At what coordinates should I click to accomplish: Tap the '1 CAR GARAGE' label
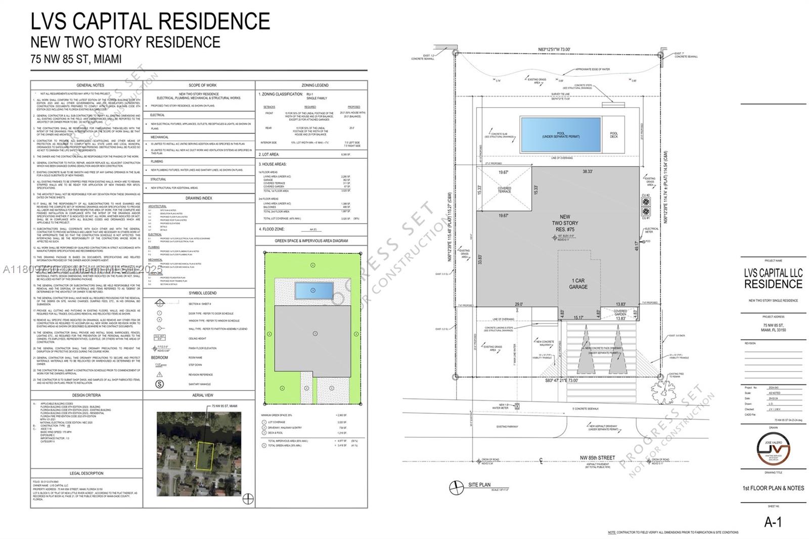pos(578,284)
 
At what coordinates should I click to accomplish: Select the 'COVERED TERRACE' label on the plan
pos(504,190)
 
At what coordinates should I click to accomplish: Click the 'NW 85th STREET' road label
pos(598,458)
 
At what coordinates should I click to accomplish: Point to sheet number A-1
pos(773,522)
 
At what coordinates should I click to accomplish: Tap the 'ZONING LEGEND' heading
pos(314,85)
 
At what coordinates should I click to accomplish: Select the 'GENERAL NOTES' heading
pos(91,85)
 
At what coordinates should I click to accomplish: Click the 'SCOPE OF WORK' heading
pos(202,85)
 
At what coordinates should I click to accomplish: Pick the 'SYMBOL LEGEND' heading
pos(202,293)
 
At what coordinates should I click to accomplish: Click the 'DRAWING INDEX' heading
pos(199,198)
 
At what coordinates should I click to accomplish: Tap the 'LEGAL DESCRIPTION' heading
pos(86,473)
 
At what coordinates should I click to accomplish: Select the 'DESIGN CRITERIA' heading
pos(86,395)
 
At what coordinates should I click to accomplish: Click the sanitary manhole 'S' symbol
pos(160,384)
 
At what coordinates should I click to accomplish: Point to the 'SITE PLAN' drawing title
pos(479,484)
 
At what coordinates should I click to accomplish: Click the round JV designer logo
pos(772,448)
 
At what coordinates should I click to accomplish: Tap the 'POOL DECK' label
pos(614,135)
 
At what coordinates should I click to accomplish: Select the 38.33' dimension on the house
pos(587,171)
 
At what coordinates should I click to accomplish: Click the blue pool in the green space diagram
pos(313,290)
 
